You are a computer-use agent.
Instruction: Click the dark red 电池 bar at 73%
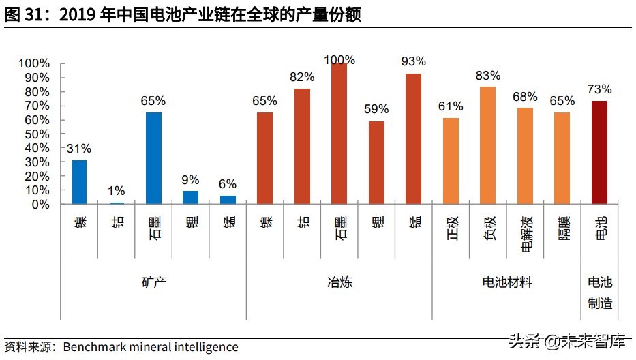coord(599,152)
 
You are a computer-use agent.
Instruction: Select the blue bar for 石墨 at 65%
coord(153,158)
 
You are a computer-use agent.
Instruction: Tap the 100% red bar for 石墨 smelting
coord(339,134)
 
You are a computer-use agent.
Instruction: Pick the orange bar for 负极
coord(487,145)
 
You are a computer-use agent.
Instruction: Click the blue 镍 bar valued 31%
coord(80,182)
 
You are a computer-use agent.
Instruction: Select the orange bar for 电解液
coord(525,156)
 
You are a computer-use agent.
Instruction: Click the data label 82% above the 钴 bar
coord(302,77)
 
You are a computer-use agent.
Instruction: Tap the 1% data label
coord(117,191)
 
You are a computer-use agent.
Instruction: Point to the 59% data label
coord(376,109)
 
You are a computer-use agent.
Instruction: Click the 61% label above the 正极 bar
coord(451,106)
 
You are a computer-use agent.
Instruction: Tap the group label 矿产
coord(153,282)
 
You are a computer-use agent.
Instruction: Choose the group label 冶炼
coord(339,282)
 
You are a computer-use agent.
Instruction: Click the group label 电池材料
coord(506,282)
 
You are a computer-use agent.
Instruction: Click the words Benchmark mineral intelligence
coord(151,347)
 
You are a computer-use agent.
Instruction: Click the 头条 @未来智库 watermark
coord(566,341)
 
